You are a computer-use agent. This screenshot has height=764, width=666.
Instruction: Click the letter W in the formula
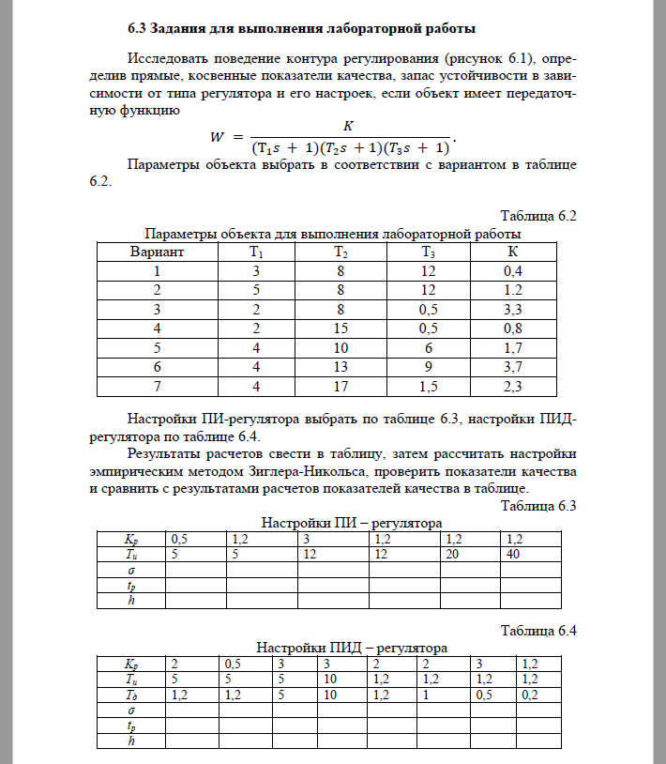tap(218, 137)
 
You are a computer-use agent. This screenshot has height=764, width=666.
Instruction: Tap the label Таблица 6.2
tap(537, 215)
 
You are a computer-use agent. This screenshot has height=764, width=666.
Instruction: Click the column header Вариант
tap(157, 252)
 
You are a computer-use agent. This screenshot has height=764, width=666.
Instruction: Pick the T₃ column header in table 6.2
tap(428, 252)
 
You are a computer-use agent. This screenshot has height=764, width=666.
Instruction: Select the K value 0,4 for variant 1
tap(512, 271)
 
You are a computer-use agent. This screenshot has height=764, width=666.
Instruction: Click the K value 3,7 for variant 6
tap(512, 365)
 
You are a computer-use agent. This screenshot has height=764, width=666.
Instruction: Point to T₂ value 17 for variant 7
tap(341, 384)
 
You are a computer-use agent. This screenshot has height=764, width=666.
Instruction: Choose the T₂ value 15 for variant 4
tap(341, 328)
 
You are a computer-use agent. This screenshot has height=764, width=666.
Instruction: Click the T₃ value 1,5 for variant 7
tap(428, 384)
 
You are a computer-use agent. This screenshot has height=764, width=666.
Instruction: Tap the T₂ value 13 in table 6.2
tap(341, 365)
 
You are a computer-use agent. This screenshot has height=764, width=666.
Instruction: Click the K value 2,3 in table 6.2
tap(512, 384)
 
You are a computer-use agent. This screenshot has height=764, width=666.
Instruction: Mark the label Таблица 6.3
tap(537, 506)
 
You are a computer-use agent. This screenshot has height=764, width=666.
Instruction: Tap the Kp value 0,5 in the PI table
tap(178, 540)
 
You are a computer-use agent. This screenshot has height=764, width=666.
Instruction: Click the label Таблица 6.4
tap(537, 630)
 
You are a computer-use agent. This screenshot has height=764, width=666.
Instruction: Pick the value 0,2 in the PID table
tap(530, 695)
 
